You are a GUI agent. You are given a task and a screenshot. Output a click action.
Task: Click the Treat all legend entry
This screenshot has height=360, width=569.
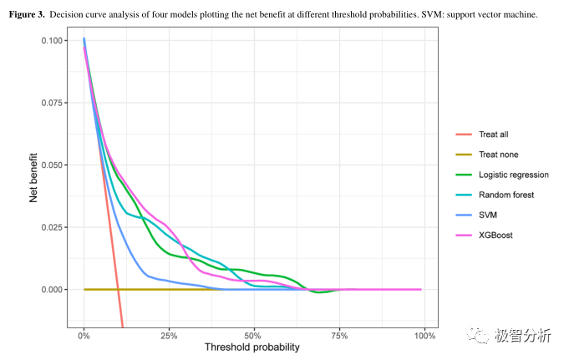point(493,134)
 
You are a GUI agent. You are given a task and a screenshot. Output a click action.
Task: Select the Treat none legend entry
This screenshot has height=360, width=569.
point(495,155)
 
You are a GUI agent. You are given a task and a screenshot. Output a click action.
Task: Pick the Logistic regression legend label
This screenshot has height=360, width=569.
point(513,175)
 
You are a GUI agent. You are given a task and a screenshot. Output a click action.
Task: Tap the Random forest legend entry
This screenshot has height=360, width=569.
point(506,195)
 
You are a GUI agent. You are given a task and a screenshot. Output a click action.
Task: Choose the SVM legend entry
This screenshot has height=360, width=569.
point(489,215)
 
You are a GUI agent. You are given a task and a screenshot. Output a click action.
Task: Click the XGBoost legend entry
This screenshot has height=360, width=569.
point(495,235)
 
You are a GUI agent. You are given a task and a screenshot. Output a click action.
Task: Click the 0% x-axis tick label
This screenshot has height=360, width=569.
point(84,336)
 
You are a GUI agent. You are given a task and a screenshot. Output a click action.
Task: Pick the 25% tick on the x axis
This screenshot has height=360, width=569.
point(169,336)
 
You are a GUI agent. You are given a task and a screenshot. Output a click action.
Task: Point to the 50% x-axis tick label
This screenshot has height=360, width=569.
point(254,336)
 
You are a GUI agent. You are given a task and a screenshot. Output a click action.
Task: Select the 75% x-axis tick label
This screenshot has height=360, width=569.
point(339,336)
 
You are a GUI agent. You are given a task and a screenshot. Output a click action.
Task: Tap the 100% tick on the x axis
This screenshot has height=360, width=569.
point(424,336)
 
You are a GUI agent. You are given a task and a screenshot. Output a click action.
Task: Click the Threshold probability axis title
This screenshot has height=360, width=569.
point(251,347)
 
